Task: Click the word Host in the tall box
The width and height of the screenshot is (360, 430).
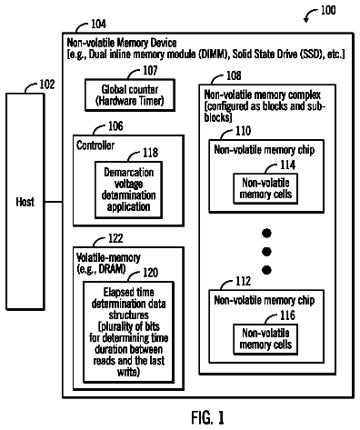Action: (x=25, y=202)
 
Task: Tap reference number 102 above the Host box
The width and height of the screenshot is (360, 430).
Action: (x=47, y=85)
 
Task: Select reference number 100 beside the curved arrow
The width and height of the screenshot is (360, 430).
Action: (x=328, y=10)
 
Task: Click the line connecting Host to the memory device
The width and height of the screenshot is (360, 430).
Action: (x=54, y=202)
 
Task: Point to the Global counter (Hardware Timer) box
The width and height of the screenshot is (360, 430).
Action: (x=130, y=95)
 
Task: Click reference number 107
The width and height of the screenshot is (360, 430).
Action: (x=150, y=70)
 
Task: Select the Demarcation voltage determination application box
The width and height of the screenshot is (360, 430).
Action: (x=128, y=190)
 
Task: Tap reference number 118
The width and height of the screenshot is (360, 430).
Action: (x=151, y=153)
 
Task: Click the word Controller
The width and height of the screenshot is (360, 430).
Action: (x=95, y=145)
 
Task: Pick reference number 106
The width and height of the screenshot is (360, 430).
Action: (x=115, y=126)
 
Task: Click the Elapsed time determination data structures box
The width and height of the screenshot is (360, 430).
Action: (x=128, y=332)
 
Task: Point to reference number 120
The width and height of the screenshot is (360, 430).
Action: (x=150, y=273)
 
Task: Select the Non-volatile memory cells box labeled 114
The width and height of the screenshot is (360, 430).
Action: (x=265, y=188)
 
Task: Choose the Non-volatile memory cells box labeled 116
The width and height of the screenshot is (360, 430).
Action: (x=265, y=339)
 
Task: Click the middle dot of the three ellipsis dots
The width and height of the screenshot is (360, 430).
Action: (x=266, y=252)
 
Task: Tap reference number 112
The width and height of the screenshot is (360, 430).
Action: (x=244, y=281)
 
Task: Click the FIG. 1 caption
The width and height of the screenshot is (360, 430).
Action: (x=208, y=418)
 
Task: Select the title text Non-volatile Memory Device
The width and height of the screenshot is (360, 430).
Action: (x=122, y=43)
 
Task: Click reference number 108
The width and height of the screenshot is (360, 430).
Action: (x=234, y=75)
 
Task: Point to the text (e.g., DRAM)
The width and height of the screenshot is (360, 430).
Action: (x=101, y=269)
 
